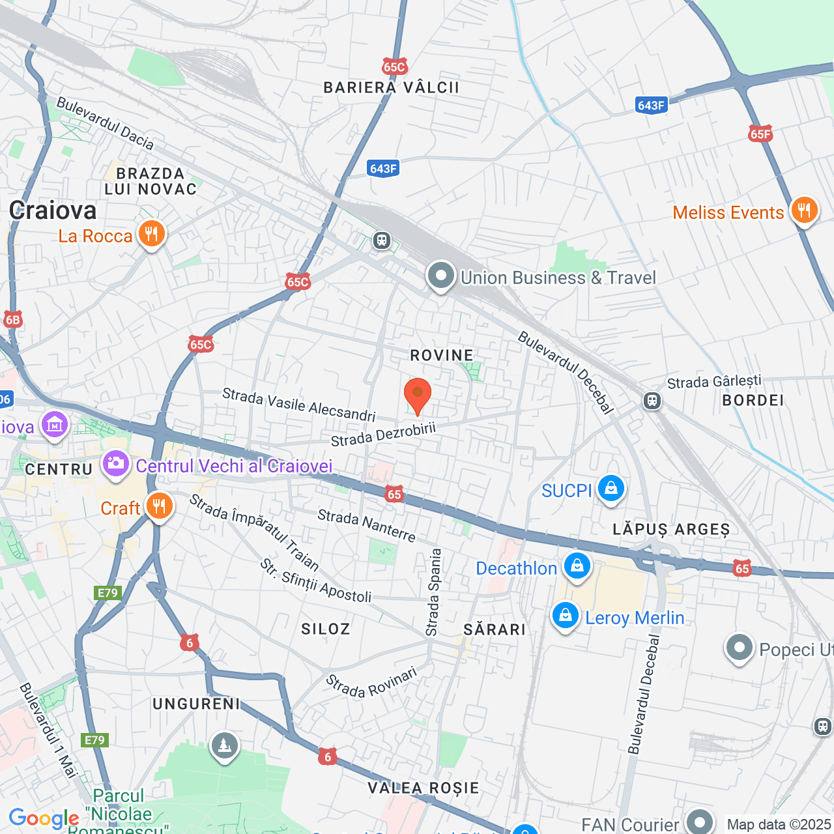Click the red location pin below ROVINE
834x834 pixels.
click(417, 395)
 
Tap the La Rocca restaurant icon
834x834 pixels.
click(151, 234)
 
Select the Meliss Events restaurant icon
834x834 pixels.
click(804, 210)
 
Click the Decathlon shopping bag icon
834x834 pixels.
click(577, 566)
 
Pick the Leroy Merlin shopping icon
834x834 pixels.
click(565, 615)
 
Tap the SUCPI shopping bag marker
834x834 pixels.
click(611, 488)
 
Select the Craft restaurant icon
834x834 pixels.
click(158, 506)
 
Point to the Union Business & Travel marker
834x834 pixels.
click(441, 276)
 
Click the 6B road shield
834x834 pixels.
click(13, 319)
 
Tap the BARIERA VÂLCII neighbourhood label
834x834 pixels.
click(391, 88)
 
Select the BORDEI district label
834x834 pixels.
click(753, 401)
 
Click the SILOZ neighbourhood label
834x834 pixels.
click(325, 629)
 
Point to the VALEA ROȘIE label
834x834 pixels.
click(424, 788)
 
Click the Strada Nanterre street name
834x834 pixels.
click(366, 526)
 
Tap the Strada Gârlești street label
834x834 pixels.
click(714, 382)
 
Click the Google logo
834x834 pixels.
click(44, 819)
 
